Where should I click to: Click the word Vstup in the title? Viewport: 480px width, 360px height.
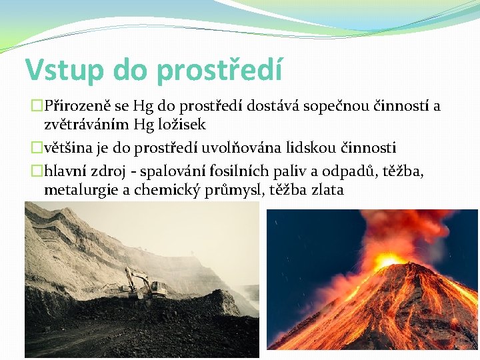click(x=64, y=70)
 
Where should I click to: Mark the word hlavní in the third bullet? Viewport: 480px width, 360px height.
click(x=63, y=171)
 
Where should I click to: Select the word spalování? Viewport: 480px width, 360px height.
click(x=164, y=171)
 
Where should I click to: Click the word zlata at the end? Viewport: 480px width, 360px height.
click(x=327, y=190)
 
